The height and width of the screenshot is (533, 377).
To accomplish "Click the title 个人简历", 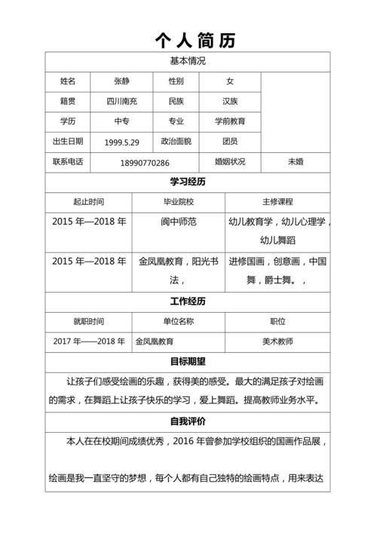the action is [195, 40].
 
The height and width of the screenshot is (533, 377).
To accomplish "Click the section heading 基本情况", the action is [188, 61].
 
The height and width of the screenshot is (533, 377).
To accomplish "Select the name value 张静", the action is [122, 81].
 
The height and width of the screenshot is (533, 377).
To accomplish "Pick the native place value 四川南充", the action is [122, 101].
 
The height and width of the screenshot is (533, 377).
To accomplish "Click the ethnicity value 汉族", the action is [230, 101].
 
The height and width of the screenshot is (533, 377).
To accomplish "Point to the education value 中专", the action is [122, 121].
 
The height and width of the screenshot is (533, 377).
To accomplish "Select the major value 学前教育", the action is [230, 121].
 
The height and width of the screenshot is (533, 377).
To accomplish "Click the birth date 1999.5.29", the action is [122, 142].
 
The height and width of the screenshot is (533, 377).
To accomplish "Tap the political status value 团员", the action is [230, 141].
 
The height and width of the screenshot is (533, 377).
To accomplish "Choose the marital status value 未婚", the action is [296, 161].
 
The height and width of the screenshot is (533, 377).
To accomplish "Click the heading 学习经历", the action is [188, 182].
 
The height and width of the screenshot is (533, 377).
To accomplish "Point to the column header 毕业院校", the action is [179, 202].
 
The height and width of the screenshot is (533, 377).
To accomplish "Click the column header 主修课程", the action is [277, 202].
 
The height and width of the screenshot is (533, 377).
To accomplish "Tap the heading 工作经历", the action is [188, 302].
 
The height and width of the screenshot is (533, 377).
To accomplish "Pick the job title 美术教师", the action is [277, 342].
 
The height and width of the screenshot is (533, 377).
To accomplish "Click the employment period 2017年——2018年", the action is [89, 342].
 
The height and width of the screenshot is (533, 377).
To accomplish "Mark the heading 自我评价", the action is [188, 421].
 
